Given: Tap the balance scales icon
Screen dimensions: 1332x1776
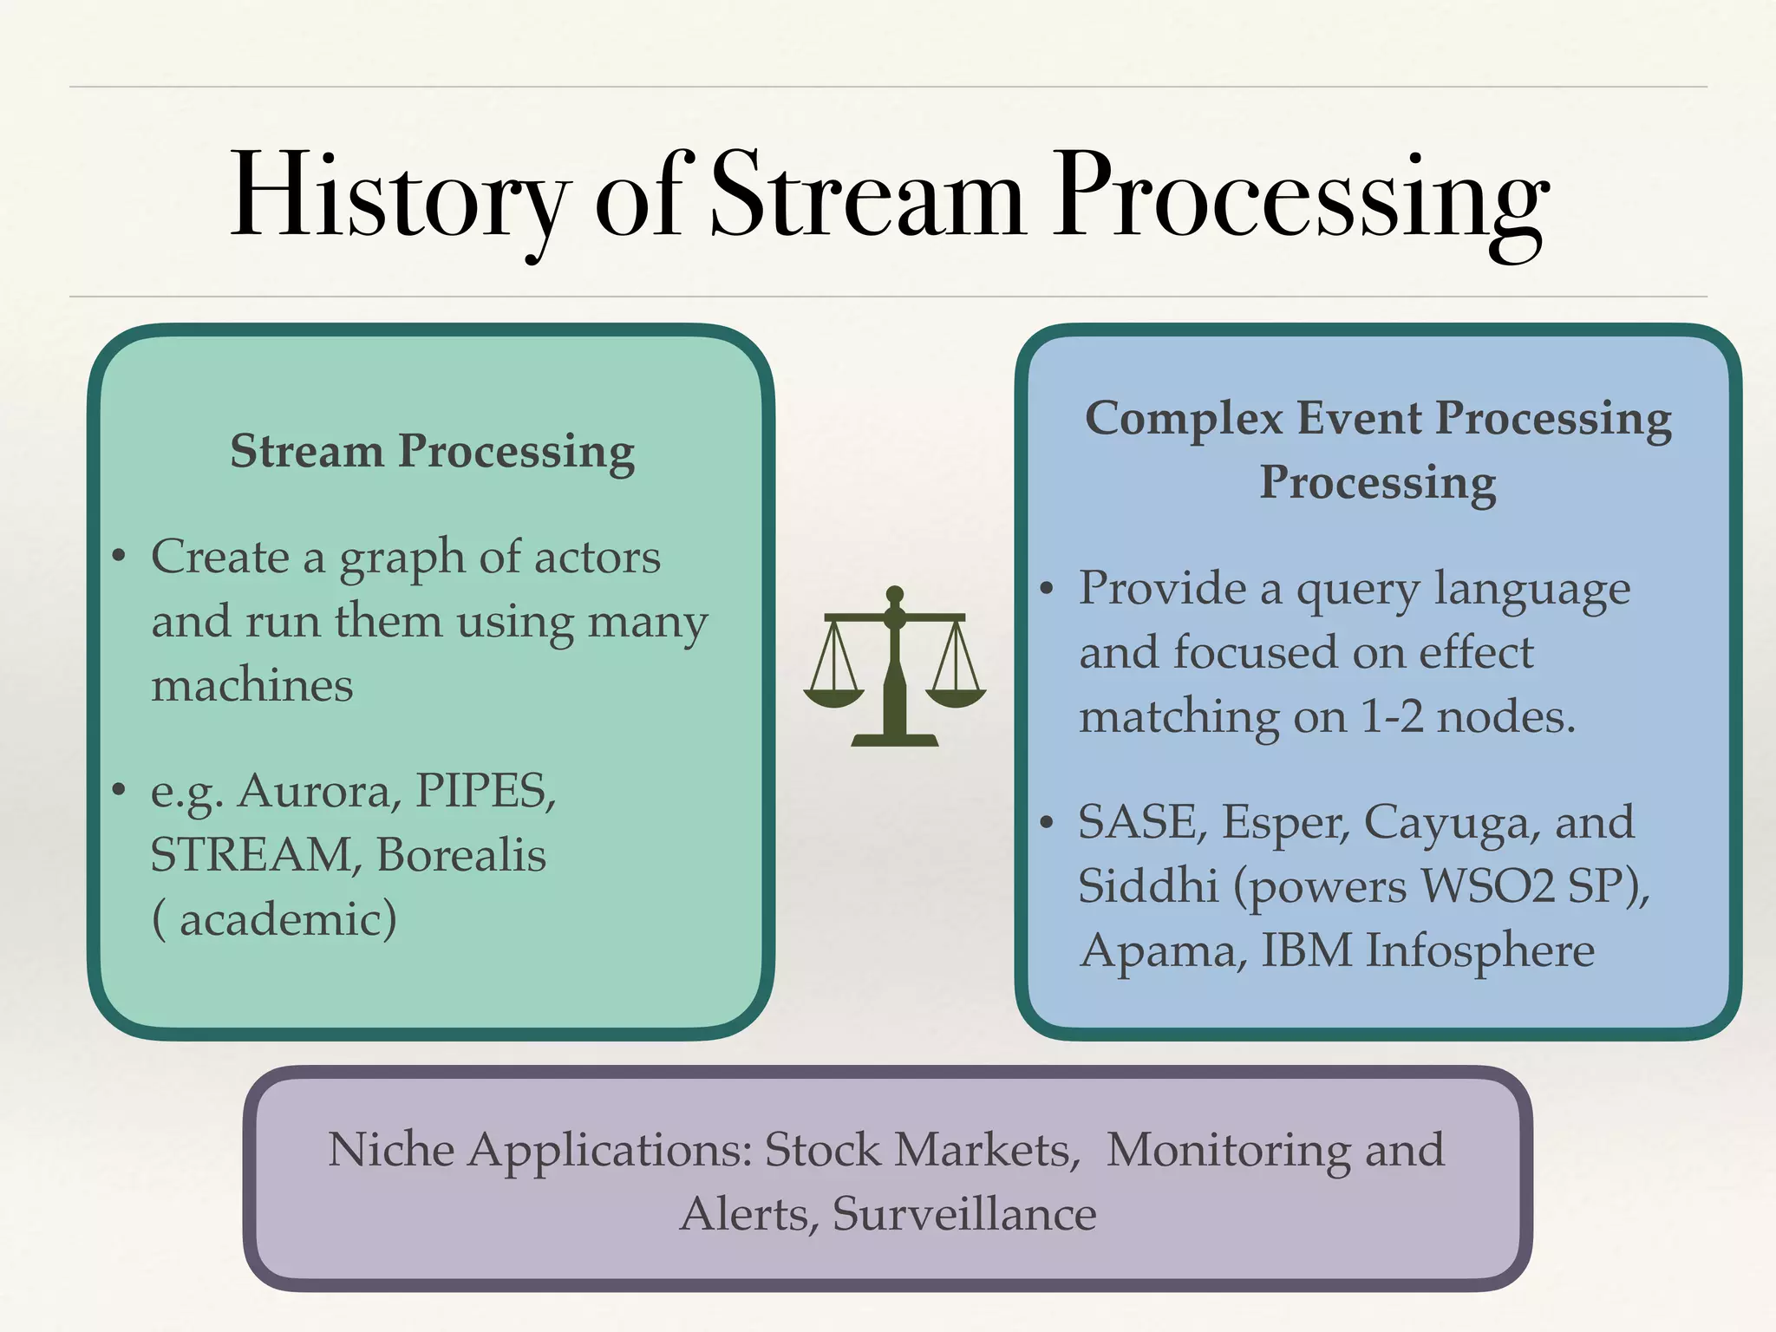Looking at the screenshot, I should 894,668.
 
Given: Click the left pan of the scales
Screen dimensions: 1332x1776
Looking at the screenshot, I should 833,695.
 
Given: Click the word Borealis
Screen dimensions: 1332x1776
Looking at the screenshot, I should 460,855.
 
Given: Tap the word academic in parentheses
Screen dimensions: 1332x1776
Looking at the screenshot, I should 286,919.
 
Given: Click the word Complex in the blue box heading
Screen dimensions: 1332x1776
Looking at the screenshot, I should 1184,419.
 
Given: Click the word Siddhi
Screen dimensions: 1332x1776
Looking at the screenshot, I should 1148,886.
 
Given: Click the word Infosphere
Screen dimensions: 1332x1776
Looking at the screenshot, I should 1479,951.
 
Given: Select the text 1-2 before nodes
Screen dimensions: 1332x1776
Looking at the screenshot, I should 1391,717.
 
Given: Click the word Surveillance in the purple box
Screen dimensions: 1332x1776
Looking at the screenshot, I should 963,1214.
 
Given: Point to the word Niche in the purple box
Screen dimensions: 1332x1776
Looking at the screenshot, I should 390,1151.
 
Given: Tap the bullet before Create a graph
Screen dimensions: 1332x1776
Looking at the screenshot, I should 120,556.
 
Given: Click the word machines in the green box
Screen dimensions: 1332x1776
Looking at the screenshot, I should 252,686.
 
